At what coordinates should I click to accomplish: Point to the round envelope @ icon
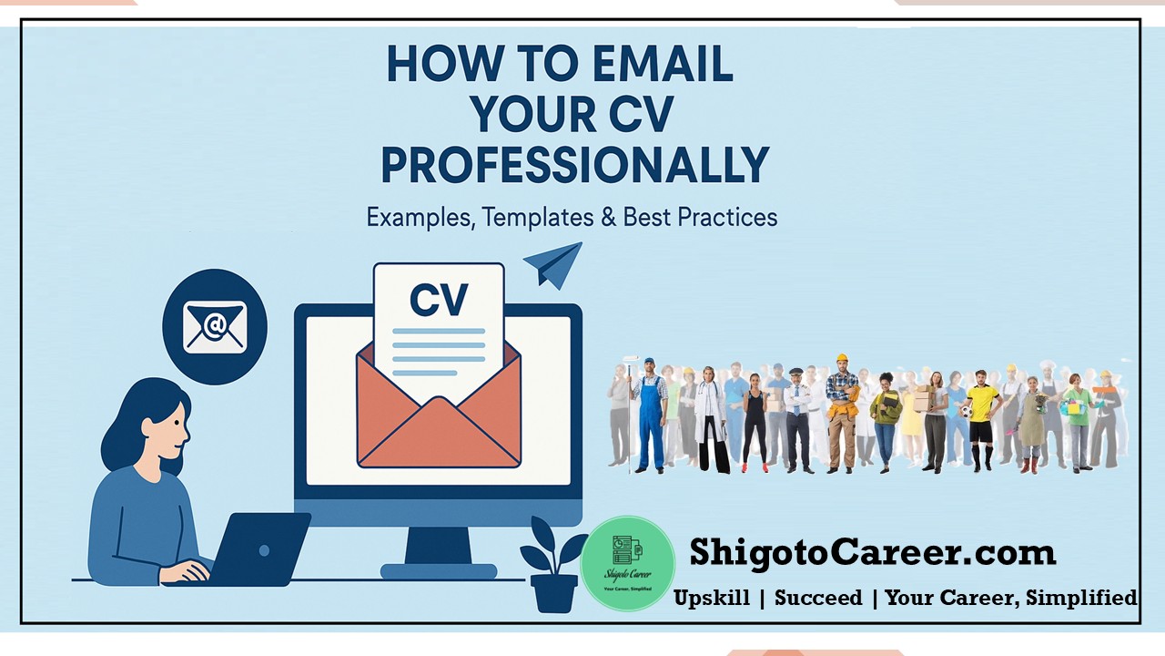(x=215, y=326)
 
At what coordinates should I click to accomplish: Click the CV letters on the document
(x=439, y=300)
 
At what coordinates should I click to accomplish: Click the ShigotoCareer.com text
(x=872, y=553)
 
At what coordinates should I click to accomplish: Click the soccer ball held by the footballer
(x=965, y=411)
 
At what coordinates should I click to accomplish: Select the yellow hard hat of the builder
(x=842, y=359)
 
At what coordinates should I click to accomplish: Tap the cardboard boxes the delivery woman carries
(x=923, y=398)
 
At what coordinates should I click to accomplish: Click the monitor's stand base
(x=439, y=571)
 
